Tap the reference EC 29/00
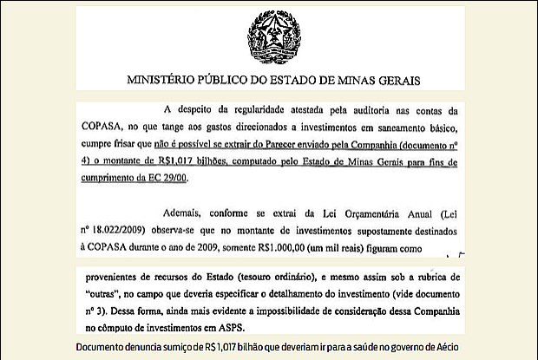pos(167,178)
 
